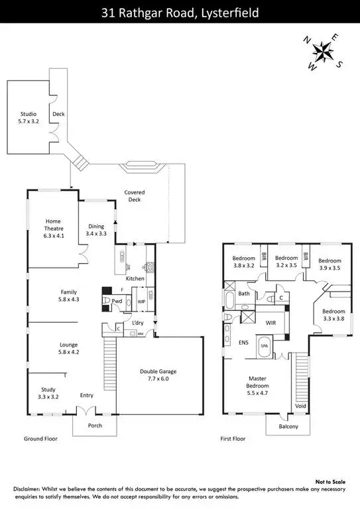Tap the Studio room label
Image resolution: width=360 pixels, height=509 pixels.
tap(28, 118)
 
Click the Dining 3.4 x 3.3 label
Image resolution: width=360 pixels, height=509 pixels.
tap(96, 230)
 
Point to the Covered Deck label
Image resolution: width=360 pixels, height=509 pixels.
tap(135, 196)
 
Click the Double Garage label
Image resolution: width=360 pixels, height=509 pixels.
tap(157, 375)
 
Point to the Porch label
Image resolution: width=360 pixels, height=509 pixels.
tap(95, 425)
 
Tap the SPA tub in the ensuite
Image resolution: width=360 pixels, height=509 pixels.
tap(263, 346)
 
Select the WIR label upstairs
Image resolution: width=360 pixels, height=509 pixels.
tap(270, 321)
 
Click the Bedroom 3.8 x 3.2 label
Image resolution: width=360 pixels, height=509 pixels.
tap(243, 262)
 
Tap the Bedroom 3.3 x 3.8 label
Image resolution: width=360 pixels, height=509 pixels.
tap(333, 315)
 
